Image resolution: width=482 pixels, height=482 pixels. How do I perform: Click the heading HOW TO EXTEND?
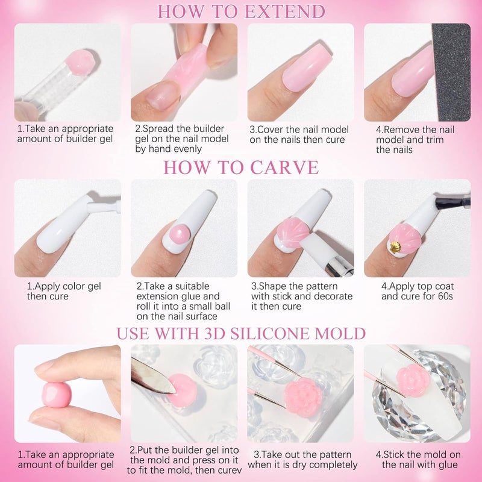[241, 11]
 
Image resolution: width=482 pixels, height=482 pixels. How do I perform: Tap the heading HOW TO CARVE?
[241, 167]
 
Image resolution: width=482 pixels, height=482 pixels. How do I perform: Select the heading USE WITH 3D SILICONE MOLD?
[241, 333]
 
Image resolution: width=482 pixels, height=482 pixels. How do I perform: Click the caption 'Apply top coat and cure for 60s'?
[418, 291]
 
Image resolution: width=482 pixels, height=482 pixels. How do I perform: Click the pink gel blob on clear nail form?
[80, 60]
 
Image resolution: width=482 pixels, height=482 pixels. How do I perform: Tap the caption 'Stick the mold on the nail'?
[418, 459]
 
